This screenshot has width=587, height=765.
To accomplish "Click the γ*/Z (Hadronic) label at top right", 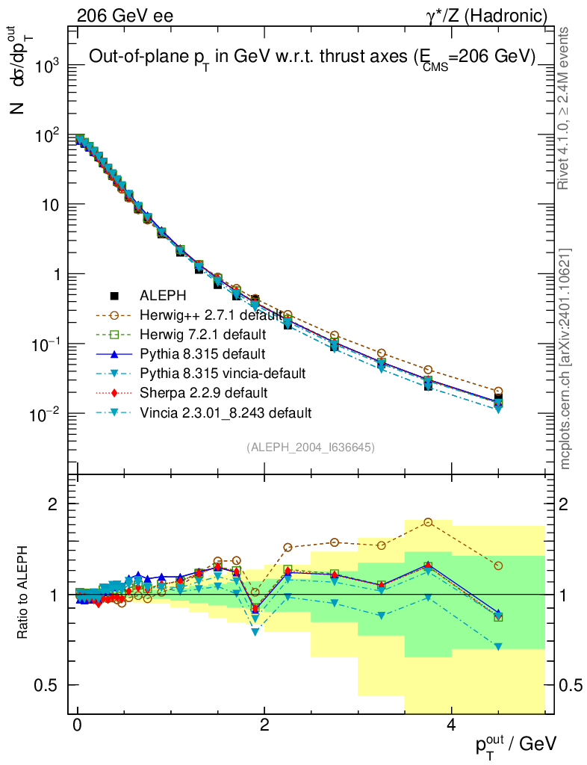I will click(494, 15).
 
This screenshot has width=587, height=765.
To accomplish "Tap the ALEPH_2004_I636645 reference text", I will click(310, 447).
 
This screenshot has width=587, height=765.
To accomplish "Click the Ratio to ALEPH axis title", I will click(22, 593).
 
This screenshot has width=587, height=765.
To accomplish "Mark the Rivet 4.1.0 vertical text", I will click(565, 108).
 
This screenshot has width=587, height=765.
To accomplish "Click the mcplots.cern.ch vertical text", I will click(565, 359).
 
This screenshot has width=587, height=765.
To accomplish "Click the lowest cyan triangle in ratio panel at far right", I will click(498, 646).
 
